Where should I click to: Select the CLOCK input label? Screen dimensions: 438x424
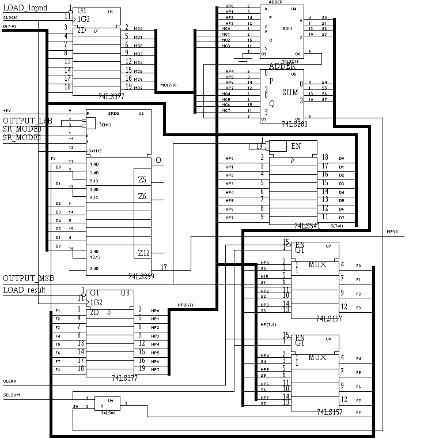coord(10,18)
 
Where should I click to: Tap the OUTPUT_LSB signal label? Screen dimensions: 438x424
coord(27,120)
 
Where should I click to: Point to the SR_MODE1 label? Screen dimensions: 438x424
coord(22,138)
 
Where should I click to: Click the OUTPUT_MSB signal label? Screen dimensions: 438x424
coord(28,279)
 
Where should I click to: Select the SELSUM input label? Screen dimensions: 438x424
coord(11,395)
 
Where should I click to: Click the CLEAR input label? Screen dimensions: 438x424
coord(10,381)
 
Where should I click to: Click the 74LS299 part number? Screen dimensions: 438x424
coord(141,276)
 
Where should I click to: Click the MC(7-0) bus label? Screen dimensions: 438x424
coord(168,85)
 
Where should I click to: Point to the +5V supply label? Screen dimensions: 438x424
coord(7,110)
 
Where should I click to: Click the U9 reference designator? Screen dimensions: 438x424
coord(110,399)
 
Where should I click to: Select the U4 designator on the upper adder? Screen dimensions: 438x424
coord(294,9)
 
